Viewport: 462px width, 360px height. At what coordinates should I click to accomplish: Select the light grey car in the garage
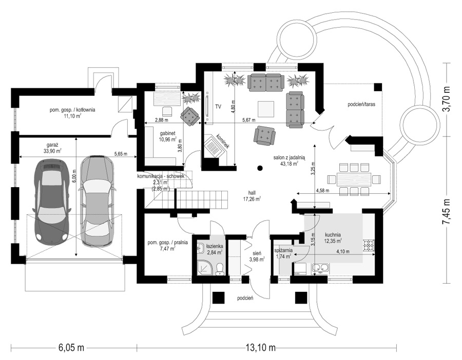[97, 201]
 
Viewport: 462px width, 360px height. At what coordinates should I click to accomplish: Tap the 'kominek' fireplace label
[223, 142]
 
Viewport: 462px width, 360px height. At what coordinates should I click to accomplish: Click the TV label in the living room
[218, 107]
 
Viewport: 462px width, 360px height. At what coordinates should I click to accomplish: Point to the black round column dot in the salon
[260, 168]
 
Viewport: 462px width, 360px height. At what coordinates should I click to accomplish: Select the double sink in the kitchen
[320, 268]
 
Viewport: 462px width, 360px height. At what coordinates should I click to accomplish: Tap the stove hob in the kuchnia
[369, 246]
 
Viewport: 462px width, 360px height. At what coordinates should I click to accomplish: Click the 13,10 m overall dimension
[260, 348]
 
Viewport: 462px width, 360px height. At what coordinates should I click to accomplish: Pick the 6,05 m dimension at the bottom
[71, 348]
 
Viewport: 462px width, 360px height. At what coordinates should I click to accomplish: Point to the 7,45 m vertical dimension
[447, 211]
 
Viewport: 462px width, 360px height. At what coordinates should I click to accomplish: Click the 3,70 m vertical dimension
[447, 99]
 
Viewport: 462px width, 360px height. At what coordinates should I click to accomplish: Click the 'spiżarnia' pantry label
[283, 250]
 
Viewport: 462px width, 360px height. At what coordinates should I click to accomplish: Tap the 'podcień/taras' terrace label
[361, 104]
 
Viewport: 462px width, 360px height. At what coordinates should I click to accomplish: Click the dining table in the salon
[354, 179]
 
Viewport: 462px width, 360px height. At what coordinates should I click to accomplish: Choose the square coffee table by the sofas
[266, 109]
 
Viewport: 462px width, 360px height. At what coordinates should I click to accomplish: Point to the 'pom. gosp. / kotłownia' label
[72, 110]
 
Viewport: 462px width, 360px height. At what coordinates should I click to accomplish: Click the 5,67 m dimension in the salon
[248, 120]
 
